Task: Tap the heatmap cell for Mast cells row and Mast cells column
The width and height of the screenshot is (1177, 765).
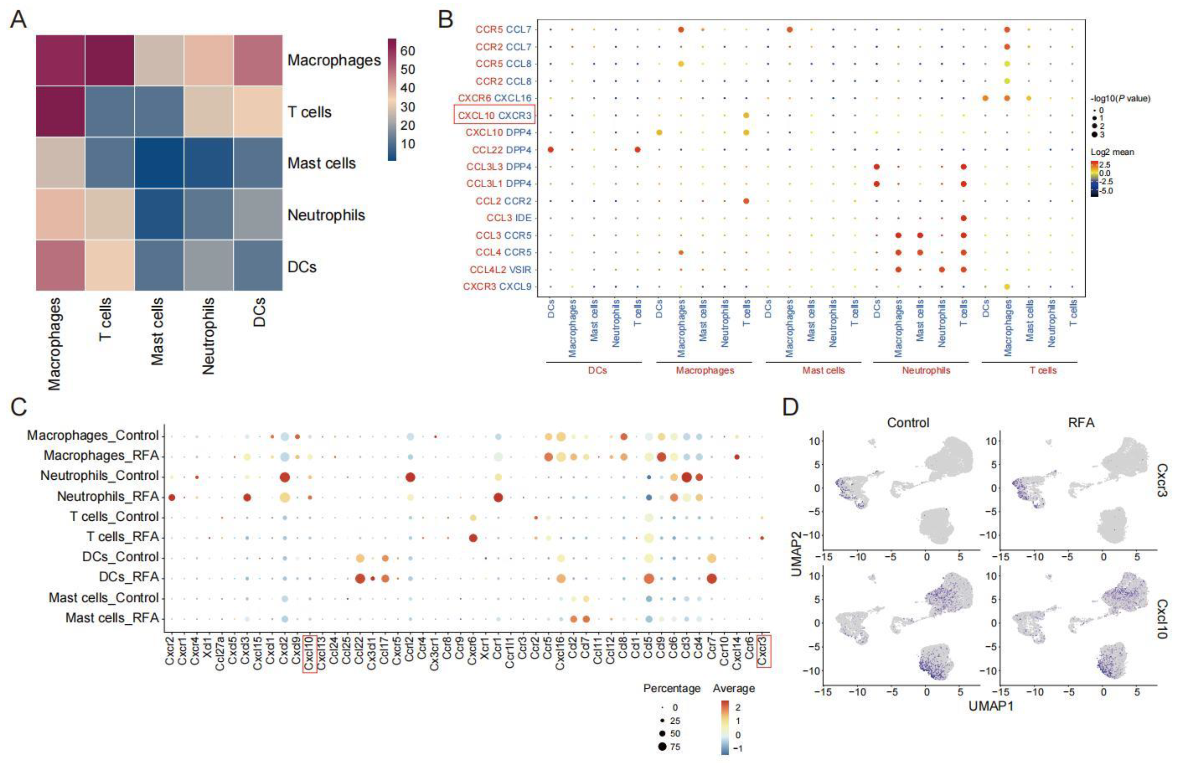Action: click(x=159, y=163)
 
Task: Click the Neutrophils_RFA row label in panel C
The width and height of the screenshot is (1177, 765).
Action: click(x=108, y=496)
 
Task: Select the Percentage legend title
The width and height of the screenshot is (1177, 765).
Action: click(x=672, y=688)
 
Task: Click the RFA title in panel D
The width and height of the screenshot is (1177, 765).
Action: click(x=1081, y=423)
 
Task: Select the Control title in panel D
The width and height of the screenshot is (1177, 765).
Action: click(x=908, y=423)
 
